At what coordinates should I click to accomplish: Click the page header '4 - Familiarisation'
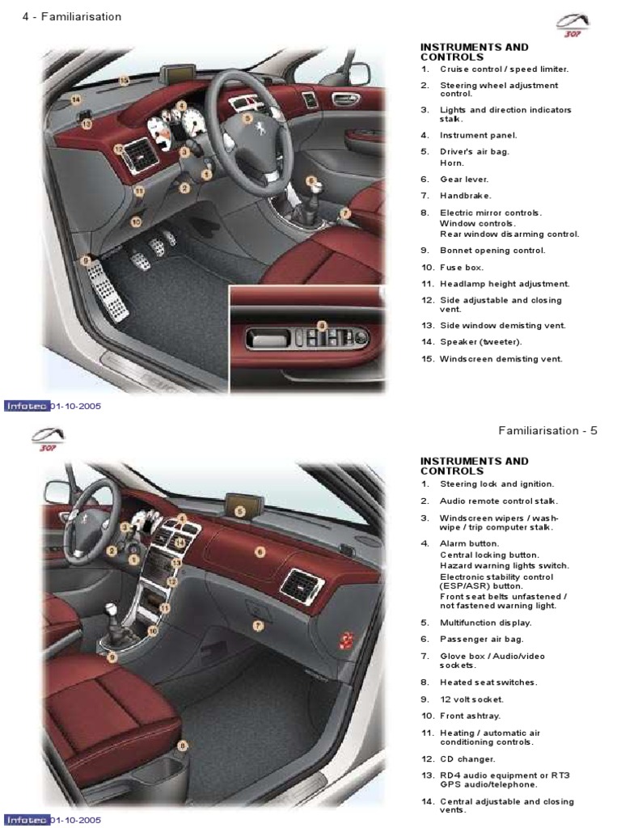tap(72, 17)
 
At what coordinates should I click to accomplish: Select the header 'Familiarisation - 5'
tap(547, 431)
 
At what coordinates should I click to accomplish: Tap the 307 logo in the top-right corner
tap(572, 25)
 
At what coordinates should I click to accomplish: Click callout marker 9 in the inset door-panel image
tap(322, 326)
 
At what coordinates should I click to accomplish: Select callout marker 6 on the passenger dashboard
tap(260, 552)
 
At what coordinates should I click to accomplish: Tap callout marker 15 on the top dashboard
tap(124, 81)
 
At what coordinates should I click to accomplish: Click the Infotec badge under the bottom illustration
tap(27, 820)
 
